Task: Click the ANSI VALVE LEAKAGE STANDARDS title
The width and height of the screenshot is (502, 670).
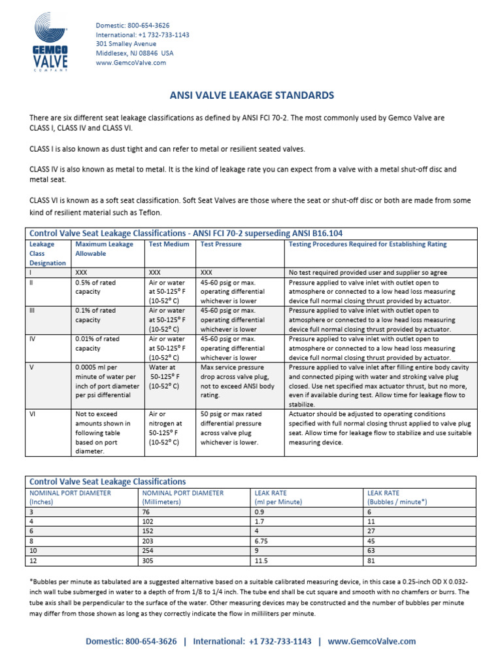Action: tap(251, 96)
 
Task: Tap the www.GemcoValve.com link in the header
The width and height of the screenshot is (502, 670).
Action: tap(131, 63)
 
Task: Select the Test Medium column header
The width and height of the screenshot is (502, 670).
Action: tap(169, 244)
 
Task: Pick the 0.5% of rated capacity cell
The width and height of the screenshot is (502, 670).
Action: tap(95, 287)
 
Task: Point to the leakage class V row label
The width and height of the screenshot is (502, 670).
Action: tap(31, 368)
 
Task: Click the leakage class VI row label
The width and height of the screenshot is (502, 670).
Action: tap(33, 414)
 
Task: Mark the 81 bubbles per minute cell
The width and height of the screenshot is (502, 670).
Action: tap(371, 561)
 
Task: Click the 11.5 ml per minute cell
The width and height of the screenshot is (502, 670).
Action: tap(261, 561)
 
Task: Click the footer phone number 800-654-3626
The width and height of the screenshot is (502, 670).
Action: tap(152, 642)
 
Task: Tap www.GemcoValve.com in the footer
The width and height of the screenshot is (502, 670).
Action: tap(371, 642)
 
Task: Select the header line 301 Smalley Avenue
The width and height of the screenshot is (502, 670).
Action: tap(126, 44)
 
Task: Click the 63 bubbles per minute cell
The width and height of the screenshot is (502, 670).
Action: tap(371, 551)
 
